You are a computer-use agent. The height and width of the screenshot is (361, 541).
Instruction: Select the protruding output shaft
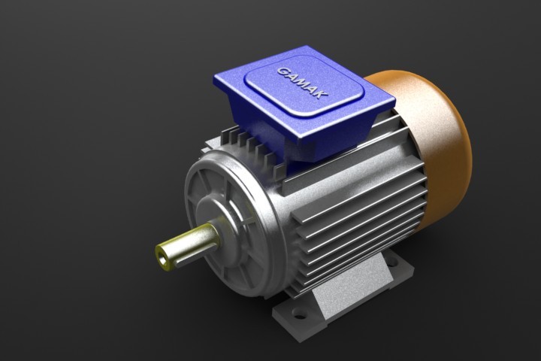[188, 245]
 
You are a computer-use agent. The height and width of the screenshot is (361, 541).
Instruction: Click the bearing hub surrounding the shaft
[225, 226]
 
